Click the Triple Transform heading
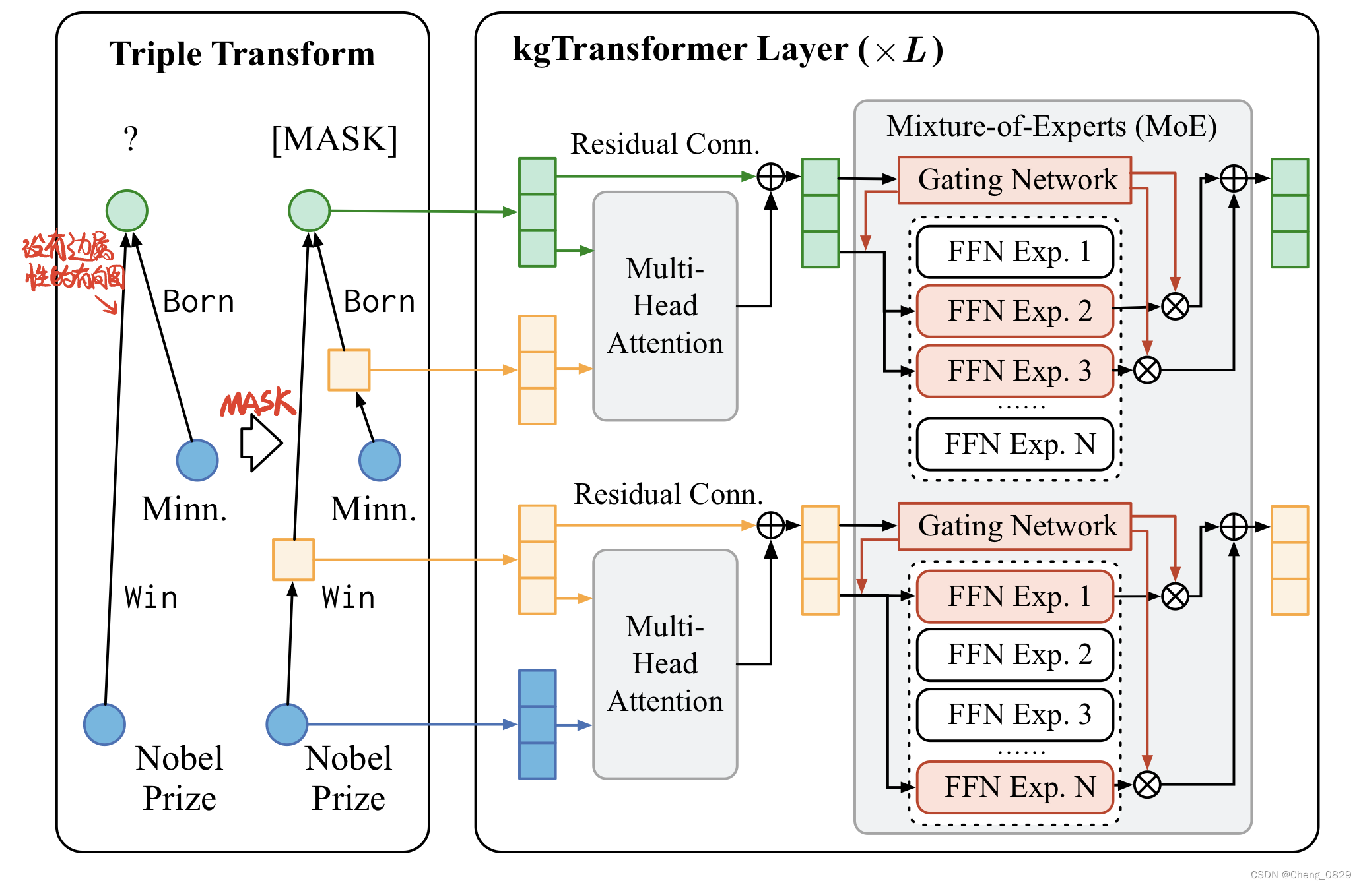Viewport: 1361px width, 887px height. [x=242, y=54]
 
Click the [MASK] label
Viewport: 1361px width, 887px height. [x=335, y=140]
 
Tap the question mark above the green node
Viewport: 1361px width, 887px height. [x=131, y=139]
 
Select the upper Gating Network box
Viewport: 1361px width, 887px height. [x=1014, y=180]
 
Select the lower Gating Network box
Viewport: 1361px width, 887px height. [x=1014, y=526]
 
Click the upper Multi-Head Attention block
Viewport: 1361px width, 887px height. [x=665, y=306]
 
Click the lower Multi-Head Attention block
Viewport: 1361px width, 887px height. [x=665, y=664]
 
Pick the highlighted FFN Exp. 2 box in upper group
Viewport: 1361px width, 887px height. [x=1014, y=311]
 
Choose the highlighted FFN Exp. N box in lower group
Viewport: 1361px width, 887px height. [x=1014, y=787]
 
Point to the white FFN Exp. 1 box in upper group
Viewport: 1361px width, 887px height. [x=1014, y=252]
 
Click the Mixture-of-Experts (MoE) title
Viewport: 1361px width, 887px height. [x=1051, y=127]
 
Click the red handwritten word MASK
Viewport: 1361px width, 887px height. [x=257, y=403]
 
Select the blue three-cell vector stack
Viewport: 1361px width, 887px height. [x=537, y=725]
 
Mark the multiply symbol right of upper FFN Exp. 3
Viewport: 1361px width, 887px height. [x=1147, y=370]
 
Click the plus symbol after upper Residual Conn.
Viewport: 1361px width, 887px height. [x=770, y=177]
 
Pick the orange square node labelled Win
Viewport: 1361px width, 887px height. [x=293, y=560]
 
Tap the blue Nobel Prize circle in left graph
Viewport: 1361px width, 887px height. [x=104, y=724]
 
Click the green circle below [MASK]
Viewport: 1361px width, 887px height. [x=309, y=210]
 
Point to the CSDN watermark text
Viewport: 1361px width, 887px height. [x=1300, y=875]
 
